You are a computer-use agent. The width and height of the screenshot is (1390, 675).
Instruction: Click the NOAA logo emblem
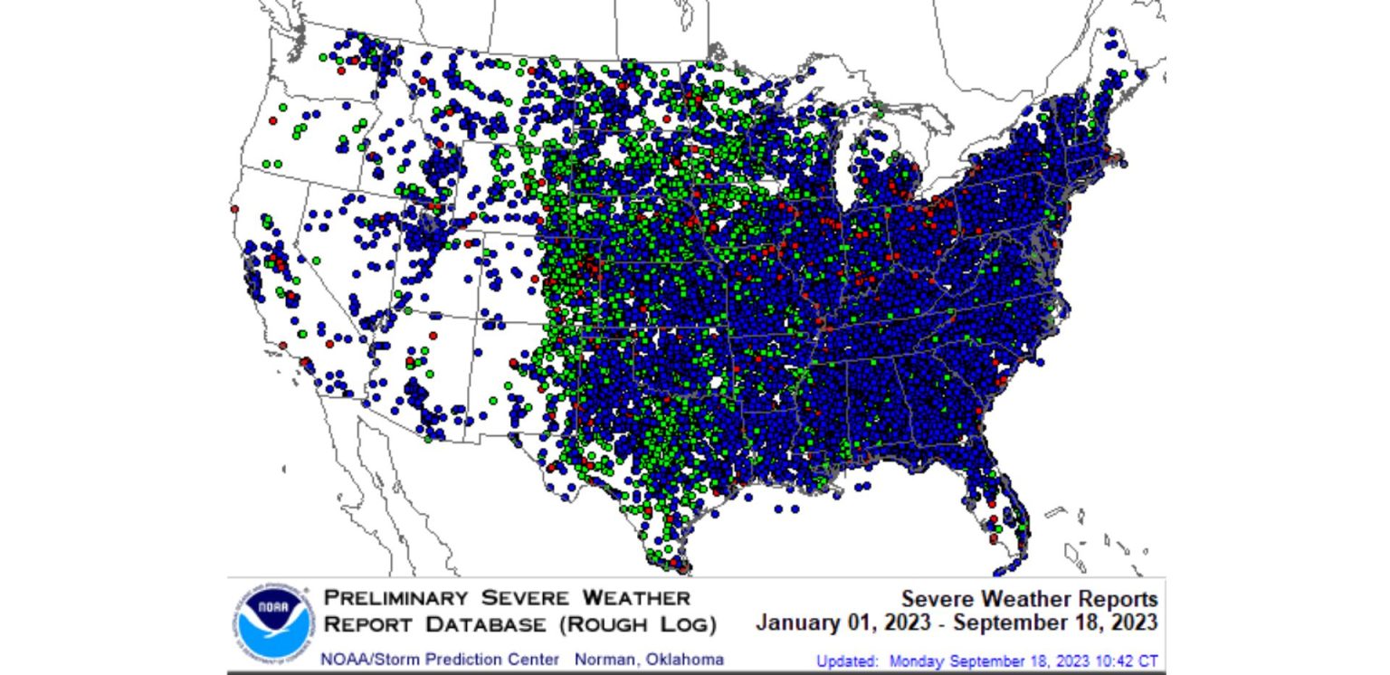point(271,623)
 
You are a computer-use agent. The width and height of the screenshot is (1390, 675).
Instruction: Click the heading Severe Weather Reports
point(1029,599)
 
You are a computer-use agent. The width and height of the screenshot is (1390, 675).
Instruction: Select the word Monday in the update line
point(915,661)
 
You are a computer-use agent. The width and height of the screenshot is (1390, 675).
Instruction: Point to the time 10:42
point(1109,661)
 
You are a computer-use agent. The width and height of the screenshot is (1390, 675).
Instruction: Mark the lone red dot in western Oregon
point(272,120)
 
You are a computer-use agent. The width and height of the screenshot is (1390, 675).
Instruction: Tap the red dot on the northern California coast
point(235,208)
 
